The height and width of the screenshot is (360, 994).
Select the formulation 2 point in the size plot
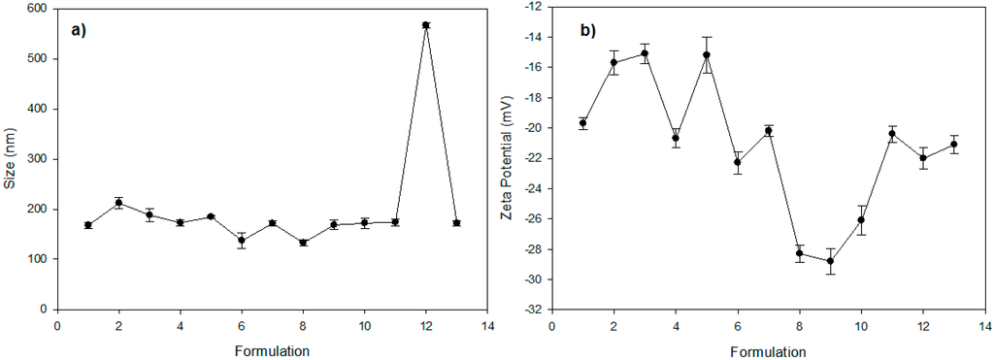(118, 203)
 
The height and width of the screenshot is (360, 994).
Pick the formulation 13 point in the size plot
(456, 223)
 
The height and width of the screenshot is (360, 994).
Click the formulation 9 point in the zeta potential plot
(830, 261)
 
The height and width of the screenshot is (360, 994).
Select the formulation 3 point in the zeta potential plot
(645, 53)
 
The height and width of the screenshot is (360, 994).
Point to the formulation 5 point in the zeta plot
(707, 55)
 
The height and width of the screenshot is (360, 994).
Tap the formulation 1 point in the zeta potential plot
(583, 123)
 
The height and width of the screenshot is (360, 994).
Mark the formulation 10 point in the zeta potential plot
(861, 219)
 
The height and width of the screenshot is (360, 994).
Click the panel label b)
(588, 30)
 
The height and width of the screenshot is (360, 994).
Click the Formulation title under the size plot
(272, 349)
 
